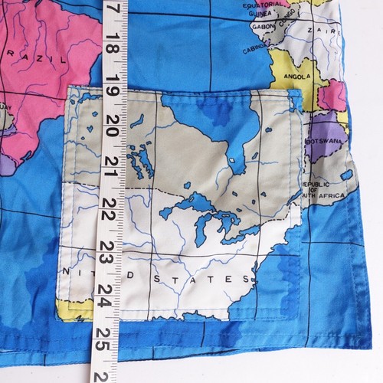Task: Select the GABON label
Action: point(261,26)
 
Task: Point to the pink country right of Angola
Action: point(332,96)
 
